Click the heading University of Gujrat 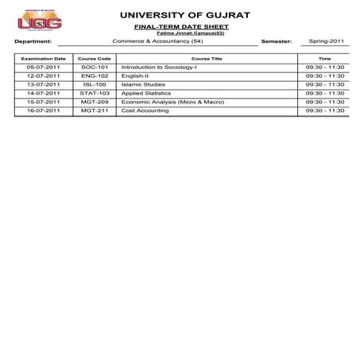[x=184, y=15]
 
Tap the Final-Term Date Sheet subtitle [x=184, y=27]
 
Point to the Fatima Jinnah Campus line [x=184, y=33]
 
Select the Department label [x=33, y=41]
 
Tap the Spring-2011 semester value [x=326, y=41]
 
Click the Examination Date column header [x=43, y=59]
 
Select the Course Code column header [x=95, y=59]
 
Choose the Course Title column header [x=207, y=59]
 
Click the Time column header [x=324, y=59]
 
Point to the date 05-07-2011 [x=43, y=68]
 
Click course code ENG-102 [x=95, y=76]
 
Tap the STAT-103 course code [x=95, y=94]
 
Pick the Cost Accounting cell [x=145, y=111]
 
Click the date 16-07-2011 [x=43, y=111]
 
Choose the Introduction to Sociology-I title [x=159, y=68]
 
